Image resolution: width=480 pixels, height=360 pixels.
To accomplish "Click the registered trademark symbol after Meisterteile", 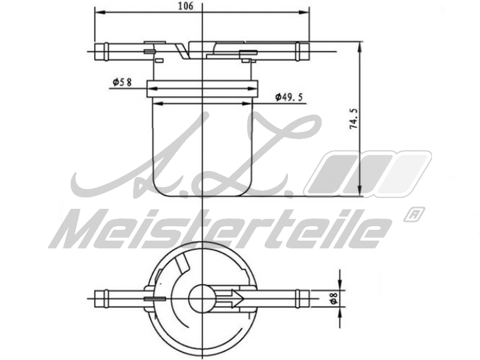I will point(414,214).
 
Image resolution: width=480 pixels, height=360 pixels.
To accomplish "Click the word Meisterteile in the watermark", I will point(222,229).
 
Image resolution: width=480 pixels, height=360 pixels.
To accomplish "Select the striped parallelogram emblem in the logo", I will point(367,174).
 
